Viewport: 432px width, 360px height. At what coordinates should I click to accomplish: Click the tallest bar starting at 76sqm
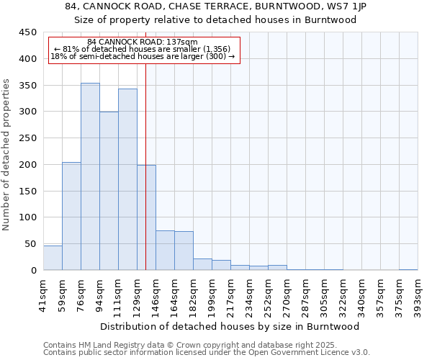point(90,176)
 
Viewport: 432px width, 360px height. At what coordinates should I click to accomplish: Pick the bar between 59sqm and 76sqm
point(71,216)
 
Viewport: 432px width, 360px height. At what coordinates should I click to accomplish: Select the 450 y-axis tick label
point(27,32)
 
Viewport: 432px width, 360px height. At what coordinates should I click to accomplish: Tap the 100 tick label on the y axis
point(27,217)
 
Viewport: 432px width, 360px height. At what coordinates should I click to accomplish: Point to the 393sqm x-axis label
point(418,294)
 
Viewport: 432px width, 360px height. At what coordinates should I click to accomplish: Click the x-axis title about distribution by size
point(230,326)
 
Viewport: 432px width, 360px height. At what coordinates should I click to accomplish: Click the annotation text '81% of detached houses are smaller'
point(143,49)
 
